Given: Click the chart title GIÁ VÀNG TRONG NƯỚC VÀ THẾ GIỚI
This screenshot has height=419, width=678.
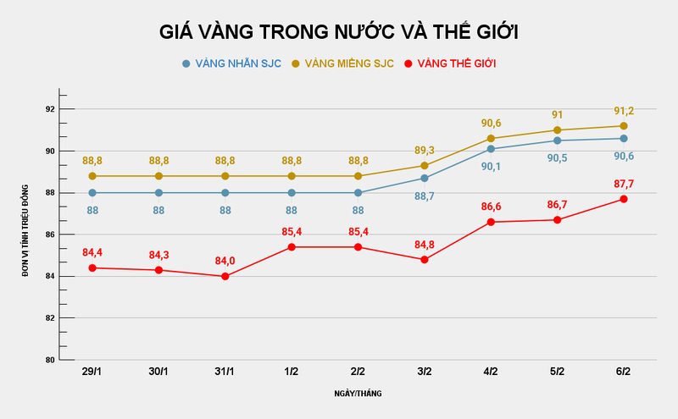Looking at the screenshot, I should [x=339, y=32].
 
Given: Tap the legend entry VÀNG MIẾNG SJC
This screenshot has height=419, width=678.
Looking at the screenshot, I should [x=343, y=63].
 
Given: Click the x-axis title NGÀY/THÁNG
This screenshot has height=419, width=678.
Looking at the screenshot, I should [x=358, y=394].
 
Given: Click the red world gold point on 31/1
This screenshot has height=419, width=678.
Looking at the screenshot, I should [x=225, y=276].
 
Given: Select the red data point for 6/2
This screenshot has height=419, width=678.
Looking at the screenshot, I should [x=623, y=199].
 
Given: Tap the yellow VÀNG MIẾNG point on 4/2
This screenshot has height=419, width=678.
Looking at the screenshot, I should [x=491, y=138].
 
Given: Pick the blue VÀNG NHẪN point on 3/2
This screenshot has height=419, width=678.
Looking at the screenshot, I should [x=424, y=178].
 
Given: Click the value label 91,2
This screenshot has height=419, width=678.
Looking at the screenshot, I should [x=623, y=110].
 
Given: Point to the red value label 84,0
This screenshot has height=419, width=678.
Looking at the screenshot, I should [x=225, y=260].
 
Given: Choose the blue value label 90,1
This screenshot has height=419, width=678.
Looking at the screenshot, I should [x=491, y=166].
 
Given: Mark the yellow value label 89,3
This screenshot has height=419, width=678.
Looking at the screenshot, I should [x=424, y=150].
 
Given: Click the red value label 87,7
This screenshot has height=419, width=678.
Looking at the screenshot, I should [x=623, y=183].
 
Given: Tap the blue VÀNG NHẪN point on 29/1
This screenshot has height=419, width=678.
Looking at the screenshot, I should [x=92, y=193].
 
